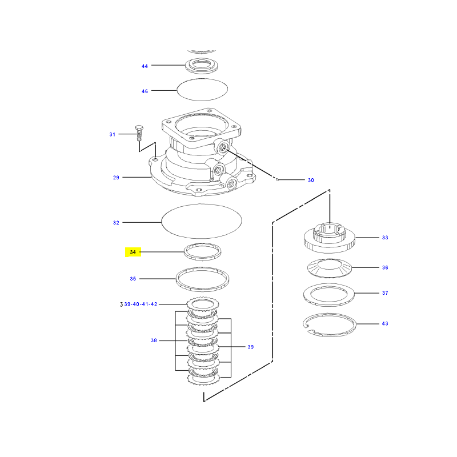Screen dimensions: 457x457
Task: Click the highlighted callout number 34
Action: (x=133, y=252)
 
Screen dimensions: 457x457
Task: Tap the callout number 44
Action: (x=145, y=66)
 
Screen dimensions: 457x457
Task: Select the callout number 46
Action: (x=145, y=91)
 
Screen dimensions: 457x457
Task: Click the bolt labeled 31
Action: (x=139, y=133)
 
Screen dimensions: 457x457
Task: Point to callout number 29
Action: (x=116, y=178)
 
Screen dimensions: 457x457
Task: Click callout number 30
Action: (x=311, y=180)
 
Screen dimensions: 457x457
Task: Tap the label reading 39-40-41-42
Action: (x=141, y=304)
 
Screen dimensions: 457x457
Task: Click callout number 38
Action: (x=154, y=340)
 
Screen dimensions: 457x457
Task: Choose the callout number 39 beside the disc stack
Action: (x=251, y=347)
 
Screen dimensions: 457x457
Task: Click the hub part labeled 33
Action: (x=330, y=238)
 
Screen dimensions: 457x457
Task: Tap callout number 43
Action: (x=385, y=323)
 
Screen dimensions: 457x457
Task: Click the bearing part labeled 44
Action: (x=202, y=66)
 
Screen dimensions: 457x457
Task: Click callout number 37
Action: (x=385, y=293)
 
